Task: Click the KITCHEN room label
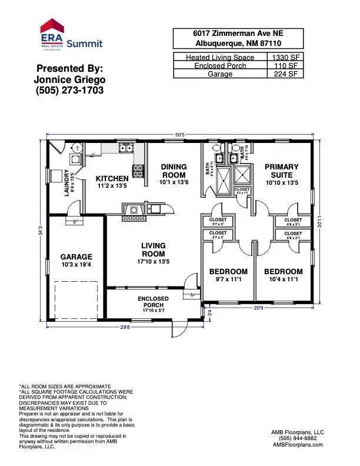[112, 178]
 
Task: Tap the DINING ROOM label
[174, 171]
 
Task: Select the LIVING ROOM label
[153, 249]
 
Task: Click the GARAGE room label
[76, 257]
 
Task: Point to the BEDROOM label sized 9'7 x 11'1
[228, 272]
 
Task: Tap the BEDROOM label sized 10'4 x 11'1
[283, 272]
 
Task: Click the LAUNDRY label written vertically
[68, 182]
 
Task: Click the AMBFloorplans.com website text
[298, 445]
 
